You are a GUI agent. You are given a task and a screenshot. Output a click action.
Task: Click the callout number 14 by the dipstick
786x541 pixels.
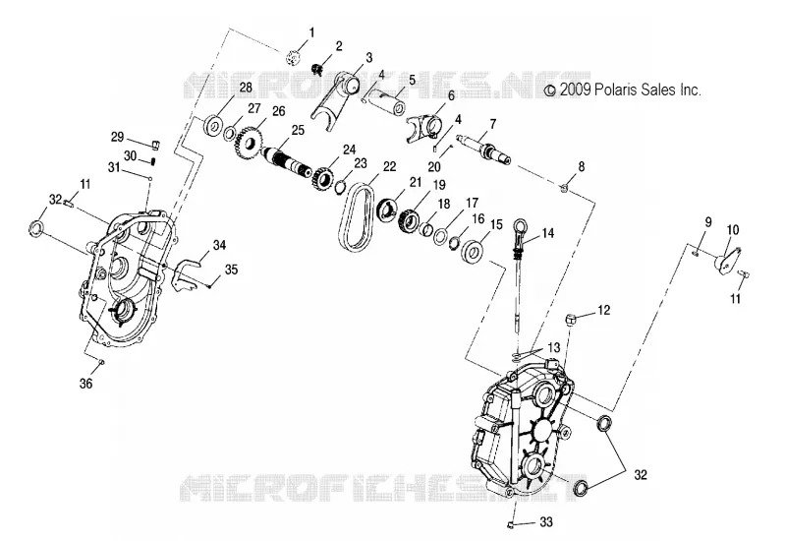click(x=548, y=233)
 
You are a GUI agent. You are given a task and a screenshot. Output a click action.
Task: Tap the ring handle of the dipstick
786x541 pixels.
click(x=519, y=224)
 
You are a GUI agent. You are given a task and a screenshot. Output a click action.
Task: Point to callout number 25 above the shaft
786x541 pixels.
click(x=298, y=131)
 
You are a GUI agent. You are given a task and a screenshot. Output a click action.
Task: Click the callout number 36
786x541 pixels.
click(x=86, y=384)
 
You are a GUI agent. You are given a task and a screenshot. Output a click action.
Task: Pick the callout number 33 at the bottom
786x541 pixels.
click(x=546, y=522)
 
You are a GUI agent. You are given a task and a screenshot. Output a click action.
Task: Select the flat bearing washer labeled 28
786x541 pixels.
click(x=215, y=125)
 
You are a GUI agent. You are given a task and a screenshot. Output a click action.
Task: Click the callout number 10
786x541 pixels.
click(x=733, y=230)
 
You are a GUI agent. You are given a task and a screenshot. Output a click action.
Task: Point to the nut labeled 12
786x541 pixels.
click(x=571, y=318)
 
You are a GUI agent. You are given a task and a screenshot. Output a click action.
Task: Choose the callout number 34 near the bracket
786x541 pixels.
click(x=219, y=245)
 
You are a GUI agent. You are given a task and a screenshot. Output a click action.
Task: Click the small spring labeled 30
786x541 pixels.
click(x=153, y=161)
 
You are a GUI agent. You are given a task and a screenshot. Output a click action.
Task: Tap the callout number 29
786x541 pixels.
click(x=117, y=137)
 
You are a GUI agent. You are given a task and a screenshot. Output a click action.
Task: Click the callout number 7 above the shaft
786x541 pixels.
click(x=493, y=124)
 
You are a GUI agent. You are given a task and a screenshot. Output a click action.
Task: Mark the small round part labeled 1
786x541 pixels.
click(x=292, y=58)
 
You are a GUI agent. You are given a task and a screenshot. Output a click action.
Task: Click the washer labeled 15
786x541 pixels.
click(x=472, y=251)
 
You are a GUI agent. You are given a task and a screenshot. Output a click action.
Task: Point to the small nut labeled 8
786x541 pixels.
click(x=564, y=188)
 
